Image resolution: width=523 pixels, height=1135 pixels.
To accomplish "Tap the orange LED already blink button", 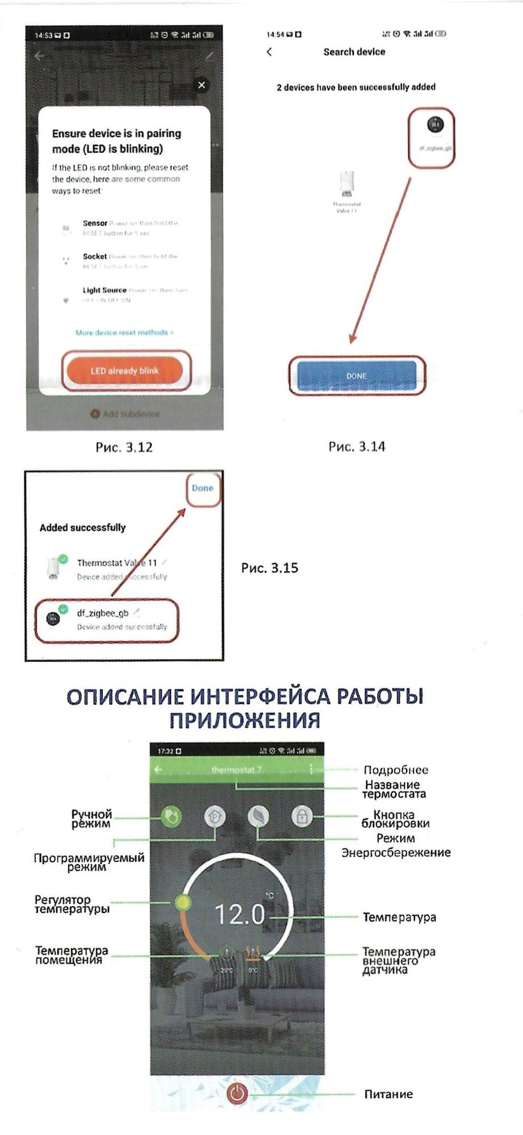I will [124, 371].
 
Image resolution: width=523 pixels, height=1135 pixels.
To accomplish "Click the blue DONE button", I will [356, 376].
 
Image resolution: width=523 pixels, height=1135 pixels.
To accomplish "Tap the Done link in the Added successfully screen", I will [202, 488].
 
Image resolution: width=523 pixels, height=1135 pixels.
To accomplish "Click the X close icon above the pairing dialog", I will [201, 85].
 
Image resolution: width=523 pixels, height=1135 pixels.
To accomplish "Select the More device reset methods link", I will [124, 333].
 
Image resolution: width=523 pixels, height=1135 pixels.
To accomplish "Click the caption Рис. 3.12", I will [124, 447].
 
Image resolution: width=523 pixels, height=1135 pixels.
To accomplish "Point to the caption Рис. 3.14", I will [357, 447].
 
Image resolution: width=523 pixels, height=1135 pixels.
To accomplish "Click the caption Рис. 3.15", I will [269, 568].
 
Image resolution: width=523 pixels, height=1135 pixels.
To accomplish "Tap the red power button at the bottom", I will [237, 1093].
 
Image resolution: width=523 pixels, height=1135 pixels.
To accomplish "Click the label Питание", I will [388, 1094].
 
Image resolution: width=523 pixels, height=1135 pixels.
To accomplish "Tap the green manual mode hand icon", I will [170, 817].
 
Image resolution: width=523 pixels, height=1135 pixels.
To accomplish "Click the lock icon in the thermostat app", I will [302, 817].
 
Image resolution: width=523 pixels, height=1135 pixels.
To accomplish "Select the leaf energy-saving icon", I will [258, 817].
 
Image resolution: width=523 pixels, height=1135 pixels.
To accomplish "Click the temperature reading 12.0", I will [240, 914].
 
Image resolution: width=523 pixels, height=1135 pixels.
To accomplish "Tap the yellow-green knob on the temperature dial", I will [183, 902].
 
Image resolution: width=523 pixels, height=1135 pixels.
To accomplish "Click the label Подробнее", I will [396, 770].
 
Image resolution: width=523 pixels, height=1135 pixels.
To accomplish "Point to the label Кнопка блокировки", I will [395, 819].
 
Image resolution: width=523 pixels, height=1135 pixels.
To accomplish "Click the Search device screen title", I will [354, 52].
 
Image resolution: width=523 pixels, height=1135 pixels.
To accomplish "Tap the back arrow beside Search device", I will [269, 52].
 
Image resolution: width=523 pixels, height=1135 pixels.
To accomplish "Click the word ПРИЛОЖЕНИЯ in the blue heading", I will [245, 720].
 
